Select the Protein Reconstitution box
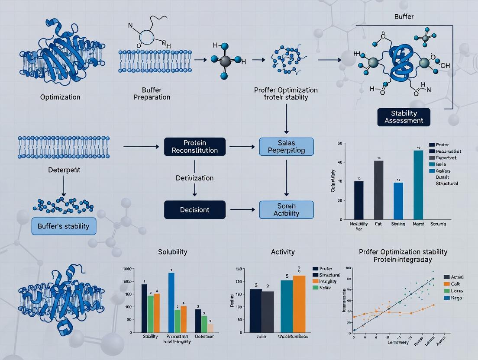[x=195, y=146]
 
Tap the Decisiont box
[x=195, y=209]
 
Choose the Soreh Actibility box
[x=286, y=209]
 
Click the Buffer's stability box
[x=63, y=225]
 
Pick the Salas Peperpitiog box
[x=286, y=146]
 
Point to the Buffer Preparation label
[x=152, y=93]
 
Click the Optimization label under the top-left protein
[x=60, y=97]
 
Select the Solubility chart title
[x=173, y=251]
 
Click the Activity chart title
[x=282, y=251]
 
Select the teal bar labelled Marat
[x=418, y=185]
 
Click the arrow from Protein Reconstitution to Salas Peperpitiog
[x=242, y=147]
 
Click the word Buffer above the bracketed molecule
[x=404, y=17]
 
